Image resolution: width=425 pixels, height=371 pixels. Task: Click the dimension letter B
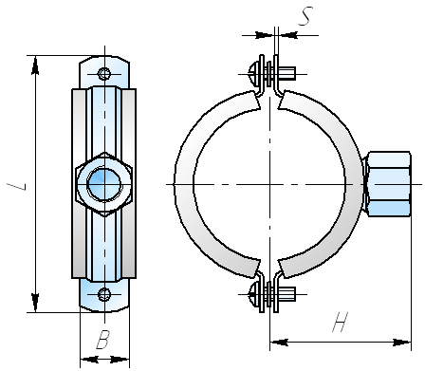click(103, 340)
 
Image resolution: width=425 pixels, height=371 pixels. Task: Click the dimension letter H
click(341, 323)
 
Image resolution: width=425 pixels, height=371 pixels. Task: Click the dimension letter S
click(305, 16)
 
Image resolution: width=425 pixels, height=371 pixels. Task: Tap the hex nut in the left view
click(104, 184)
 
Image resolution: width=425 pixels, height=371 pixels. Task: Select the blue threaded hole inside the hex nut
click(104, 184)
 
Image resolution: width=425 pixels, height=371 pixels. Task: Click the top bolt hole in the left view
click(104, 74)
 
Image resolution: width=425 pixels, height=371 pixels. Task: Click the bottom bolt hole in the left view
click(104, 294)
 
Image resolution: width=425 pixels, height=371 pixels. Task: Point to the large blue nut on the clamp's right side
click(389, 184)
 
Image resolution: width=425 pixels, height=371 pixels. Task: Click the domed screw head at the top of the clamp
click(253, 74)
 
